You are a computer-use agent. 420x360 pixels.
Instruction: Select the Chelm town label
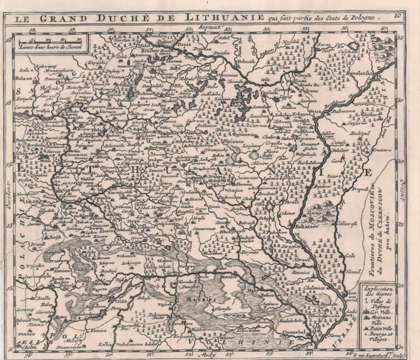[x=30, y=345]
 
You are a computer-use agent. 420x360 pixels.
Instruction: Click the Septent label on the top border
[x=209, y=27]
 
